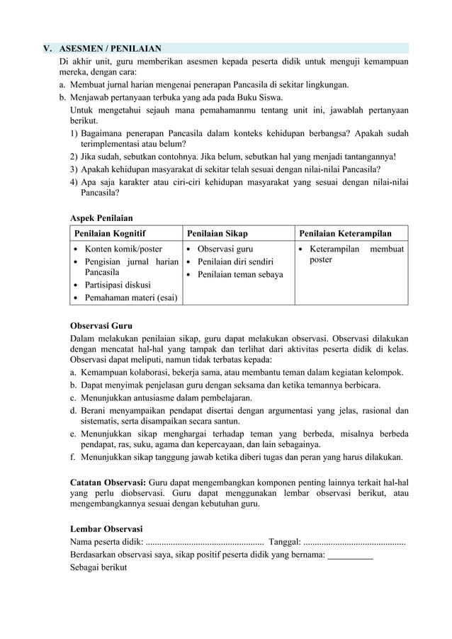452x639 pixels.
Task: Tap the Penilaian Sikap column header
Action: coord(217,233)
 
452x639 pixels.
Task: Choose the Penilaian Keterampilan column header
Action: coord(345,233)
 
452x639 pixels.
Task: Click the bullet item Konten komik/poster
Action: coord(123,249)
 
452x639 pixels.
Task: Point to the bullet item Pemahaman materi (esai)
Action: coord(131,298)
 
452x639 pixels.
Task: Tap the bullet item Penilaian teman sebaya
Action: coord(240,274)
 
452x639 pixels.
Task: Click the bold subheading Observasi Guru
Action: coord(101,326)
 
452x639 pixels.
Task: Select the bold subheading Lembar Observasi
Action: coord(106,528)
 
